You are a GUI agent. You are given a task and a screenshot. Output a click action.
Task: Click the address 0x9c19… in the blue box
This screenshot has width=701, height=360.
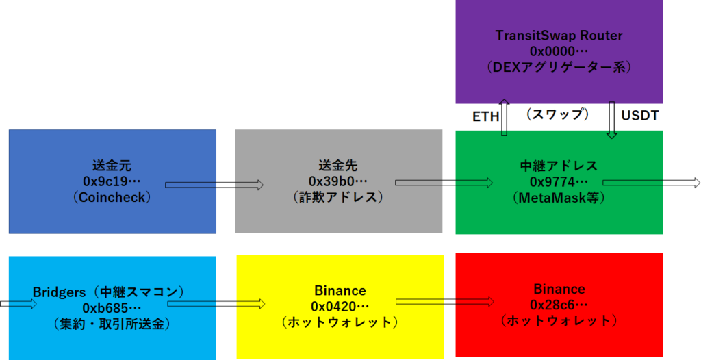pyautogui.click(x=112, y=181)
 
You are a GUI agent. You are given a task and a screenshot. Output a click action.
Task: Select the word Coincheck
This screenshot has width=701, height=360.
pyautogui.click(x=112, y=197)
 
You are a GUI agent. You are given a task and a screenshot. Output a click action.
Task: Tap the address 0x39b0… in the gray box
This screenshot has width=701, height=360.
pyautogui.click(x=338, y=181)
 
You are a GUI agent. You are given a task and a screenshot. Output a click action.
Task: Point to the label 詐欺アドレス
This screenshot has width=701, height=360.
pyautogui.click(x=338, y=197)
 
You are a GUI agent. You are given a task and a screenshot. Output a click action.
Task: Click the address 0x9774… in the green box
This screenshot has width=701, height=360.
pyautogui.click(x=559, y=181)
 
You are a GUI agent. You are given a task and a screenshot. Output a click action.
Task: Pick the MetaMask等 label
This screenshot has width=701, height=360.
pyautogui.click(x=559, y=197)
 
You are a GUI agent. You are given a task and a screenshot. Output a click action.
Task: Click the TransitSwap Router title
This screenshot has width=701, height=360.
pyautogui.click(x=559, y=36)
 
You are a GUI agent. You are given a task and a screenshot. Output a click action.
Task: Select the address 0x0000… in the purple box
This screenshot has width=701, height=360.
pyautogui.click(x=559, y=51)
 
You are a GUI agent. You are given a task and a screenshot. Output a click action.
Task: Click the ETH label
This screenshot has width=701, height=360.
pyautogui.click(x=485, y=117)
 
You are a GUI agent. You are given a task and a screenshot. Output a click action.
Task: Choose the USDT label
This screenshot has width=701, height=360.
pyautogui.click(x=640, y=116)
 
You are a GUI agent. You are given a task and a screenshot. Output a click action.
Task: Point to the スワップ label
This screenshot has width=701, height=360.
pyautogui.click(x=557, y=114)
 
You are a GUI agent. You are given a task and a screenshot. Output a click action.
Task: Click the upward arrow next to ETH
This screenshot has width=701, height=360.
pyautogui.click(x=505, y=117)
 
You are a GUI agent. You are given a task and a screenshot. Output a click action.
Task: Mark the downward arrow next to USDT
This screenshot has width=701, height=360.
pyautogui.click(x=611, y=120)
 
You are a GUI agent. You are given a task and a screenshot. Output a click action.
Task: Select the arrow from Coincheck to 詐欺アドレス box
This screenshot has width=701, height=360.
pyautogui.click(x=214, y=185)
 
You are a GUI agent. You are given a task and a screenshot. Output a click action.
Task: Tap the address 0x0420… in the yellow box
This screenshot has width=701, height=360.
pyautogui.click(x=340, y=307)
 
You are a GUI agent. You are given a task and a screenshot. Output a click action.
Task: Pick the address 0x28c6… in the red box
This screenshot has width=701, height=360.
pyautogui.click(x=559, y=305)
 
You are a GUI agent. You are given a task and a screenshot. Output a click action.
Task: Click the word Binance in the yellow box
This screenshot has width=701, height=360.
pyautogui.click(x=340, y=291)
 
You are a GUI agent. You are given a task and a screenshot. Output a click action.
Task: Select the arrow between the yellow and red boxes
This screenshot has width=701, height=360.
pyautogui.click(x=445, y=302)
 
